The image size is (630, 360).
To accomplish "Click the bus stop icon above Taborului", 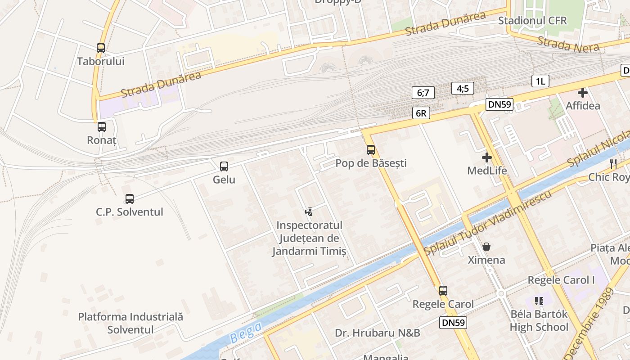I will pyautogui.click(x=101, y=48).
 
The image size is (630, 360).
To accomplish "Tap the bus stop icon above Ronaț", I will pyautogui.click(x=102, y=127).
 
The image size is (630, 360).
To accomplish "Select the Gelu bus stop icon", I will pyautogui.click(x=224, y=166).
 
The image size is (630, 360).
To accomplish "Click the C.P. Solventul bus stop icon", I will pyautogui.click(x=130, y=198).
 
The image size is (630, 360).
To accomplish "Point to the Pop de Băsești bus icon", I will pyautogui.click(x=371, y=150).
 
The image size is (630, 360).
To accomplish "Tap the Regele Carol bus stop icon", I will pyautogui.click(x=443, y=291).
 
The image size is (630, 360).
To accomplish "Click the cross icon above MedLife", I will pyautogui.click(x=486, y=157).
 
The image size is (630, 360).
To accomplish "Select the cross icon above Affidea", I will pyautogui.click(x=583, y=93).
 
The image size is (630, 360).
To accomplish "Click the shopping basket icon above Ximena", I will pyautogui.click(x=486, y=247).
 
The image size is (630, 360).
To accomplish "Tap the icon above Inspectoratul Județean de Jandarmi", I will pyautogui.click(x=309, y=211).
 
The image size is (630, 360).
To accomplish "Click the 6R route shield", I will pyautogui.click(x=421, y=113).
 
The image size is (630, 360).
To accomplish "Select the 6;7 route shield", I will pyautogui.click(x=423, y=93).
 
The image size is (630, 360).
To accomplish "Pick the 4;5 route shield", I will pyautogui.click(x=463, y=88).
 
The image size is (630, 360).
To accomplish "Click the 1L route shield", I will pyautogui.click(x=540, y=81).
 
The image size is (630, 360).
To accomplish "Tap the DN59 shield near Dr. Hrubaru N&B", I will pyautogui.click(x=453, y=322).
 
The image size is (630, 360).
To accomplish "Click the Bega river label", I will pyautogui.click(x=246, y=333).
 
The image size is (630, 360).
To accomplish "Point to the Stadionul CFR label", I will pyautogui.click(x=532, y=21).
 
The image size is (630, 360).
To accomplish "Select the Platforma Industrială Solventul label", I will pyautogui.click(x=130, y=323).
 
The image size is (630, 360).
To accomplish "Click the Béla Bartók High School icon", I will pyautogui.click(x=539, y=301).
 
